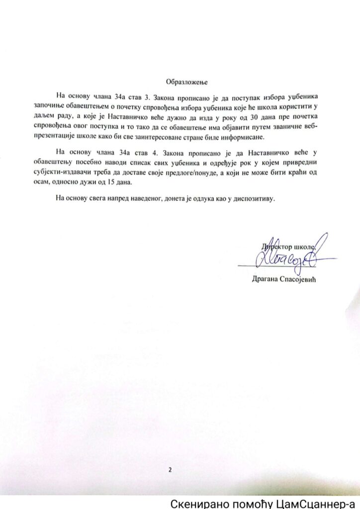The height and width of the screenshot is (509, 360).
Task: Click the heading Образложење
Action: tap(185, 81)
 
